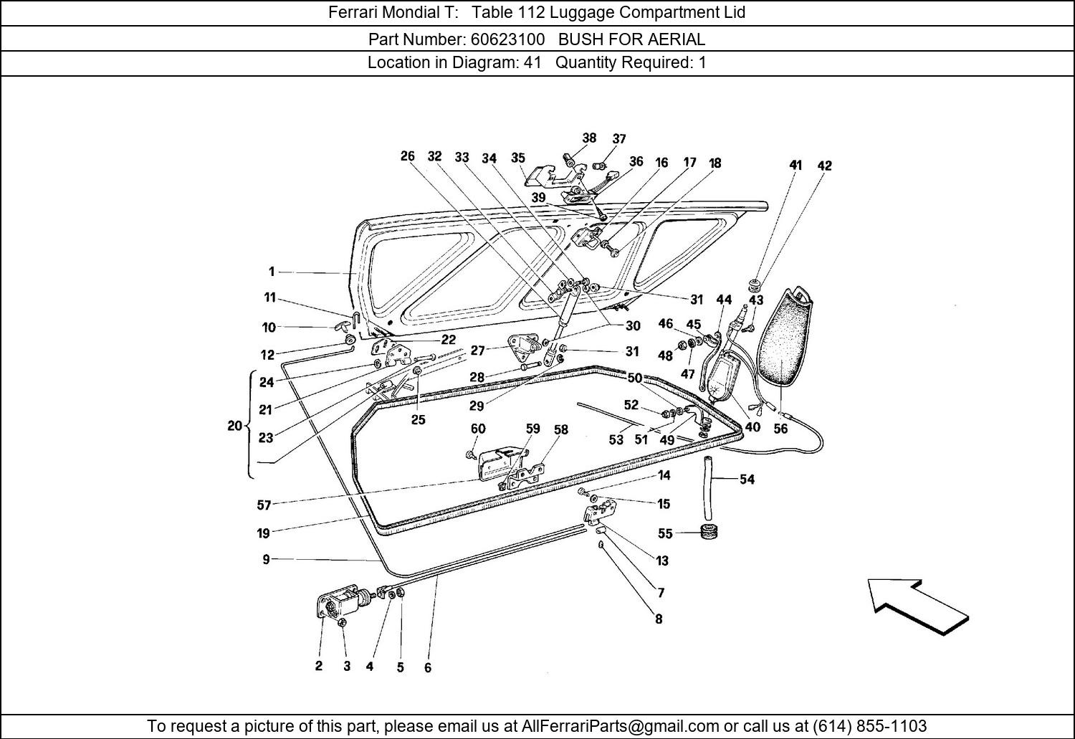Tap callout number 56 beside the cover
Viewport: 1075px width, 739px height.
[x=780, y=429]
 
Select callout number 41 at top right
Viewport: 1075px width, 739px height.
[x=795, y=166]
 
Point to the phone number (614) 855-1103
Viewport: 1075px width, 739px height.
[x=868, y=725]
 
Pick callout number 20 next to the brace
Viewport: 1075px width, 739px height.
[x=234, y=426]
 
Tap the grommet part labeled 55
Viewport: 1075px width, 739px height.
[x=709, y=532]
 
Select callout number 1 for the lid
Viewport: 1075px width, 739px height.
[x=272, y=272]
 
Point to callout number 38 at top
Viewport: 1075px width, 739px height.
[x=589, y=138]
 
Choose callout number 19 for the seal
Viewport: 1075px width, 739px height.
[x=263, y=533]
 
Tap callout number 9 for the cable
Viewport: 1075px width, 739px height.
[x=266, y=559]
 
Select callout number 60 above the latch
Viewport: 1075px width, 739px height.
[x=478, y=429]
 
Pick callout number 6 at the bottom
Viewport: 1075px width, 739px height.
[x=428, y=667]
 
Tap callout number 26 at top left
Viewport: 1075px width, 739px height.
[x=407, y=156]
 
